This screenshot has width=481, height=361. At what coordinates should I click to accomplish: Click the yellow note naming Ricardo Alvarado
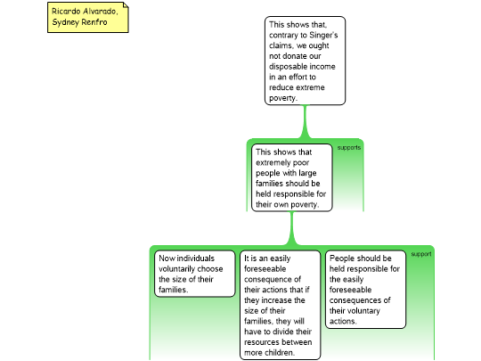pyautogui.click(x=88, y=17)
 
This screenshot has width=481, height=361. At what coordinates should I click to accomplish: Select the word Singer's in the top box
pyautogui.click(x=323, y=36)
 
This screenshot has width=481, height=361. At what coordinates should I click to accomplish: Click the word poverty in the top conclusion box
pyautogui.click(x=283, y=98)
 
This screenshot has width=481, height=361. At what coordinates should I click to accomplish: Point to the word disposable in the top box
pyautogui.click(x=289, y=67)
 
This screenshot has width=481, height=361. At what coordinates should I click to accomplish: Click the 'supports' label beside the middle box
pyautogui.click(x=349, y=148)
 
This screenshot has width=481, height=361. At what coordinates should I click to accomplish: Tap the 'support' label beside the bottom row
pyautogui.click(x=421, y=254)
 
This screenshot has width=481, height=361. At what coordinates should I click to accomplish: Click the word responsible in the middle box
pyautogui.click(x=295, y=194)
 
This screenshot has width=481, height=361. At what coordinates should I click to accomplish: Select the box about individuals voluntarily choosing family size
pyautogui.click(x=195, y=274)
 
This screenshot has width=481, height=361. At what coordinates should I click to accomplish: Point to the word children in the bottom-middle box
pyautogui.click(x=281, y=352)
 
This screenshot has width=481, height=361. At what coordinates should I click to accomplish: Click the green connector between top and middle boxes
pyautogui.click(x=305, y=121)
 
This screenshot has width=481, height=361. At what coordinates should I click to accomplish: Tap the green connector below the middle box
pyautogui.click(x=292, y=228)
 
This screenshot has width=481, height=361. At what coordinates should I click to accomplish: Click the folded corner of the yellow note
pyautogui.click(x=126, y=5)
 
